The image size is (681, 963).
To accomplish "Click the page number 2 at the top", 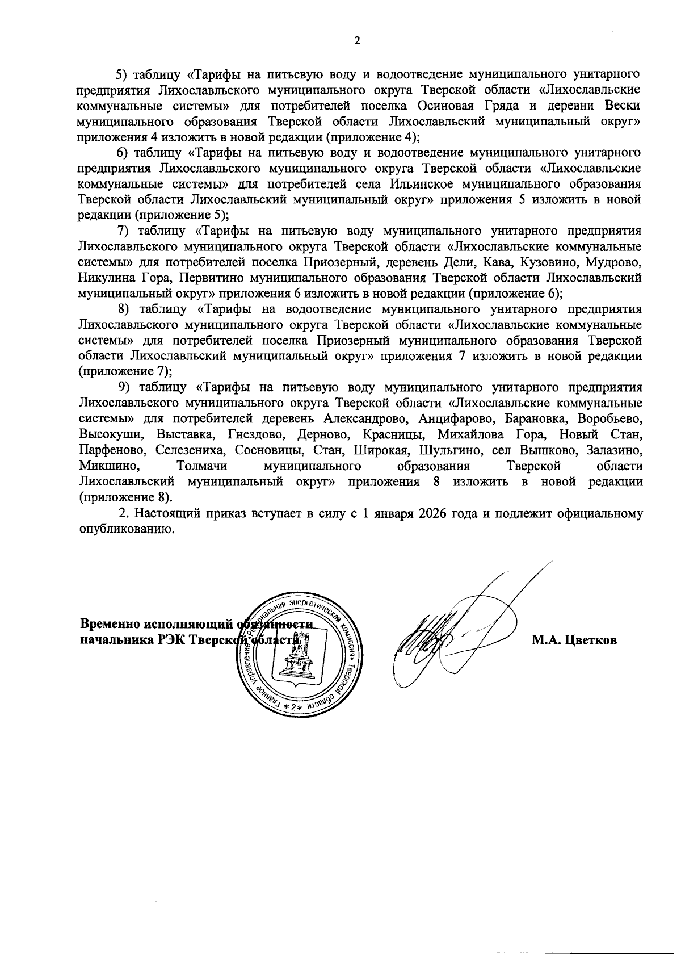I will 357,41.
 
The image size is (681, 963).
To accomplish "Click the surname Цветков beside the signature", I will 574,640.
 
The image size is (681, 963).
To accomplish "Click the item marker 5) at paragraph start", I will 123,74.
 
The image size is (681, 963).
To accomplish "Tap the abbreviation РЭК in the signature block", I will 171,640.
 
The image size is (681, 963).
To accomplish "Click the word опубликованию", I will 124,529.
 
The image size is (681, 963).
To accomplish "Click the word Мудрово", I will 616,262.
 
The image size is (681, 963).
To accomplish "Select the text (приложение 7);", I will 125,371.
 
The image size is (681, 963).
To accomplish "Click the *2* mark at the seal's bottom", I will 293,707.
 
